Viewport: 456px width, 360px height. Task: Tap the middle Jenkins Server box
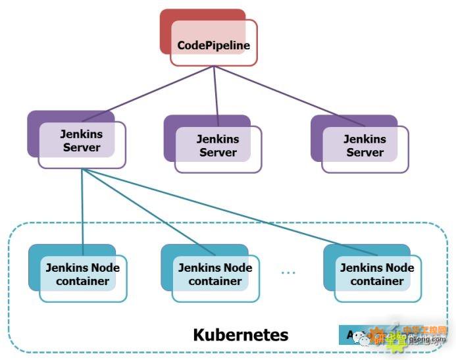[218, 145]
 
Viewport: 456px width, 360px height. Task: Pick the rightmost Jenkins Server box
[365, 145]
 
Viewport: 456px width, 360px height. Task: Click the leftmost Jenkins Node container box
[82, 274]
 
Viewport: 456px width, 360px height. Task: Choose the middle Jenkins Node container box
[215, 274]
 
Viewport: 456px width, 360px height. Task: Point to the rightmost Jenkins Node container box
[376, 274]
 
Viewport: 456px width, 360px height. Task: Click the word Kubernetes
[240, 334]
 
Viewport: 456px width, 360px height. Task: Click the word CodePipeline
[213, 46]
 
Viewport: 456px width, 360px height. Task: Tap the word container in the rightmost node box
[376, 281]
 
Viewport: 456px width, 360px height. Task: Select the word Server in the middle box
[218, 152]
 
